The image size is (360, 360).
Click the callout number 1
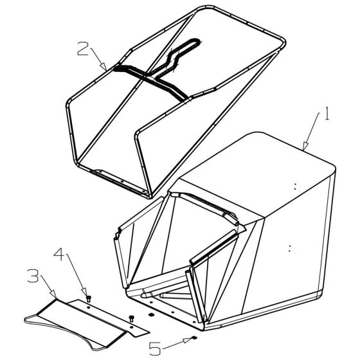(x=327, y=115)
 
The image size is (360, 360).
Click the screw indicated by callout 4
(x=89, y=298)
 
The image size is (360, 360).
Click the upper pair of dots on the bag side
(x=296, y=186)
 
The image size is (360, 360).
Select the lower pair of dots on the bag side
(x=292, y=246)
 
